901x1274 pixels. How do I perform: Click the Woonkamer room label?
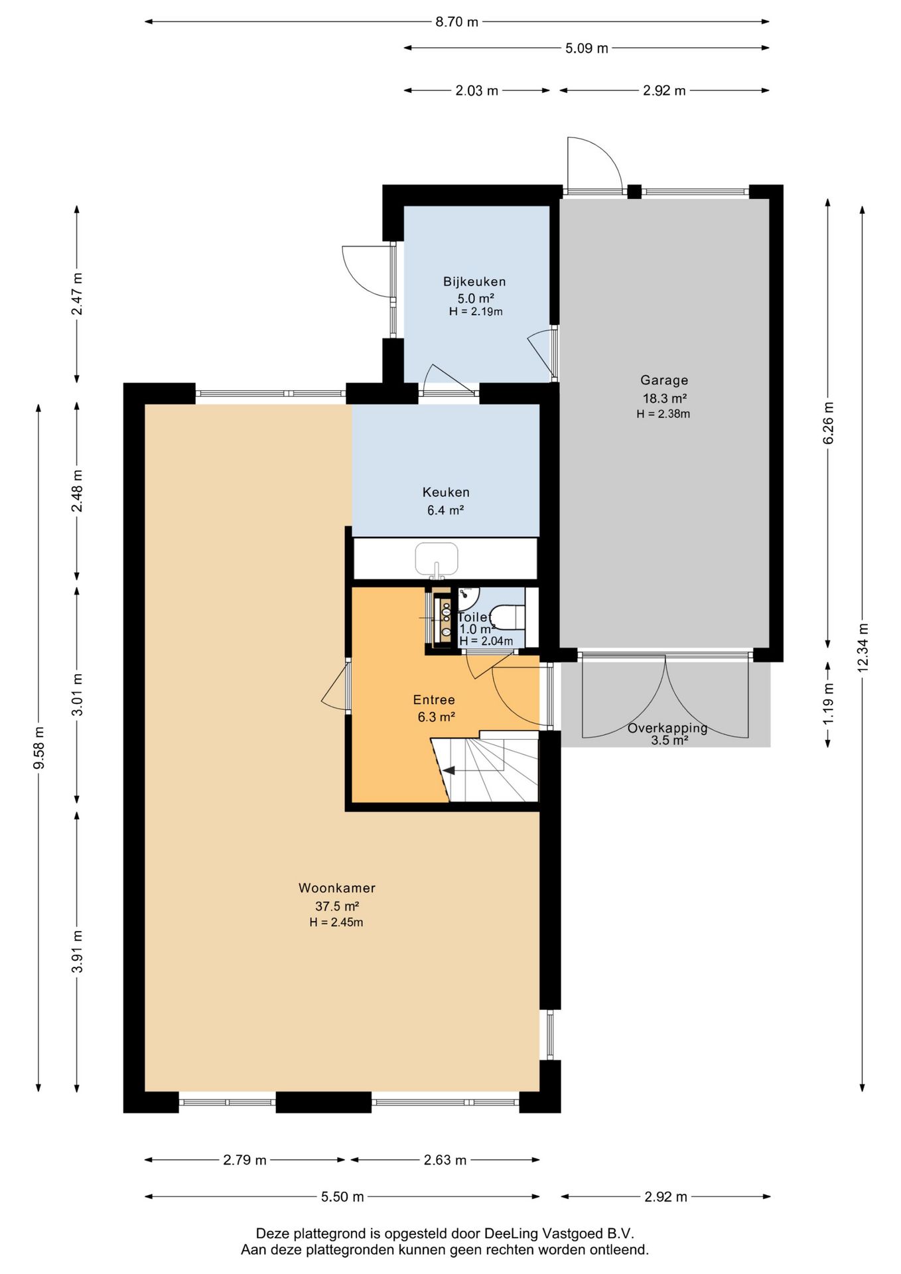(x=337, y=888)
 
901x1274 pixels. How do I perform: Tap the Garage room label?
(x=664, y=380)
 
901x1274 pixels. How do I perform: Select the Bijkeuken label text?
(x=474, y=281)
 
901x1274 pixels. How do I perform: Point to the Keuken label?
(x=446, y=492)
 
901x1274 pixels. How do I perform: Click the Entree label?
(x=434, y=699)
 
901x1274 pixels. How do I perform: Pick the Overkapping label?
(x=667, y=728)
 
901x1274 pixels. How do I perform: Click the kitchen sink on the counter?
(x=437, y=559)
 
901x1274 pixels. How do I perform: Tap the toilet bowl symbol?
(x=510, y=617)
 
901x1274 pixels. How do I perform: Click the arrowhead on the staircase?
(x=449, y=770)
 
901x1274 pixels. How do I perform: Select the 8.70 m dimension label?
(x=456, y=22)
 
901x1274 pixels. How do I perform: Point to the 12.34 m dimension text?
(x=863, y=648)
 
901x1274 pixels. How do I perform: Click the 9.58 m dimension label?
(x=39, y=748)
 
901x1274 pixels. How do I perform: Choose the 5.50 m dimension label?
(x=342, y=1196)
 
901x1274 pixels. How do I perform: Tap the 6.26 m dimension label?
(x=828, y=424)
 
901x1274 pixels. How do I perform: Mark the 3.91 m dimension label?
(x=78, y=952)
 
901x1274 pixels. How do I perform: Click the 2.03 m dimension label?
(x=476, y=90)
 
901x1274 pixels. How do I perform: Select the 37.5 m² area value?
(x=337, y=906)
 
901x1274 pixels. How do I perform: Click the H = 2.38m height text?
(x=663, y=414)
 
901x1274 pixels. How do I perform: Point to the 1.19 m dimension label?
(x=828, y=704)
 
